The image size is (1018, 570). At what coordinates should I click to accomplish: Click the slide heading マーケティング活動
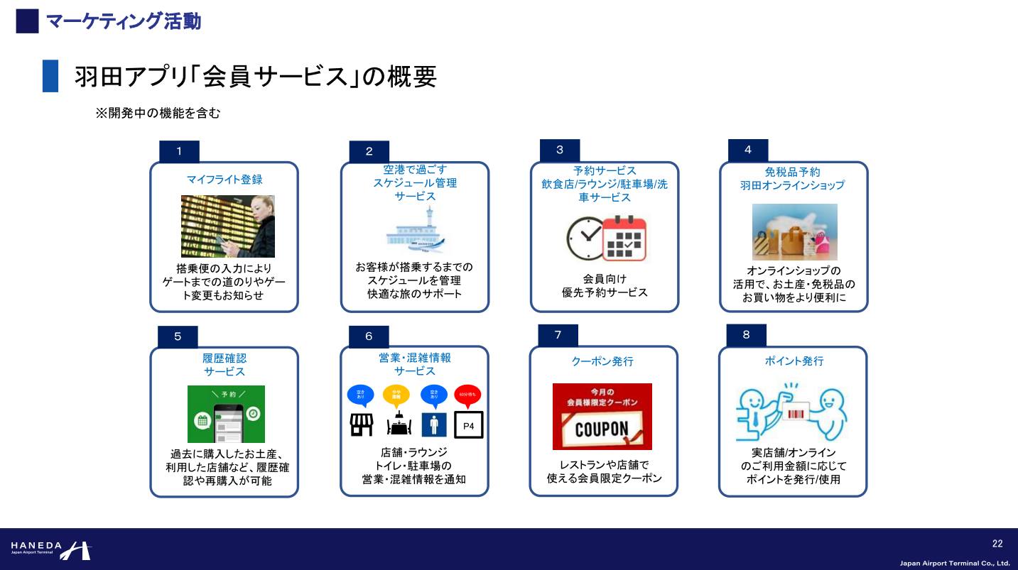pyautogui.click(x=123, y=21)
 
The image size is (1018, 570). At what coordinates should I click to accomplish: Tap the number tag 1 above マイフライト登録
pyautogui.click(x=179, y=151)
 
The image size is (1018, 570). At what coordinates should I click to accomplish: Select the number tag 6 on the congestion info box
pyautogui.click(x=369, y=336)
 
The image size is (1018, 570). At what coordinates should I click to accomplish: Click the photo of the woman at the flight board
pyautogui.click(x=227, y=226)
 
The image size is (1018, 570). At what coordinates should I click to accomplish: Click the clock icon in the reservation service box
pyautogui.click(x=584, y=238)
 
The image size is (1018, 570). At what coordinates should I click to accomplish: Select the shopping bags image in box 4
pyautogui.click(x=794, y=232)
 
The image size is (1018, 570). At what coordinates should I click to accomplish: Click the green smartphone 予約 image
pyautogui.click(x=226, y=415)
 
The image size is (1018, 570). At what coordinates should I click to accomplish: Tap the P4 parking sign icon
pyautogui.click(x=468, y=425)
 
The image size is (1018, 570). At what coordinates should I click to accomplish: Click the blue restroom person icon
pyautogui.click(x=433, y=424)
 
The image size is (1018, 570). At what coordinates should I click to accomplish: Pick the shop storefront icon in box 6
pyautogui.click(x=362, y=424)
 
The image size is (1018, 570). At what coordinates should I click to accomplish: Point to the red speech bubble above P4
pyautogui.click(x=467, y=394)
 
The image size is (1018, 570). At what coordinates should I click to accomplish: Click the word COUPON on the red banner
pyautogui.click(x=601, y=429)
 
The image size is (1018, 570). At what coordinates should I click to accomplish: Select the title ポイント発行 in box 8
pyautogui.click(x=794, y=361)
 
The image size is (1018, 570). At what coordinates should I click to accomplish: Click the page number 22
pyautogui.click(x=997, y=544)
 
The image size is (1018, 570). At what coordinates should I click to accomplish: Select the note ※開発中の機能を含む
pyautogui.click(x=158, y=113)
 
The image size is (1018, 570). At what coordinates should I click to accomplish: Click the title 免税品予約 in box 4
pyautogui.click(x=792, y=172)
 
